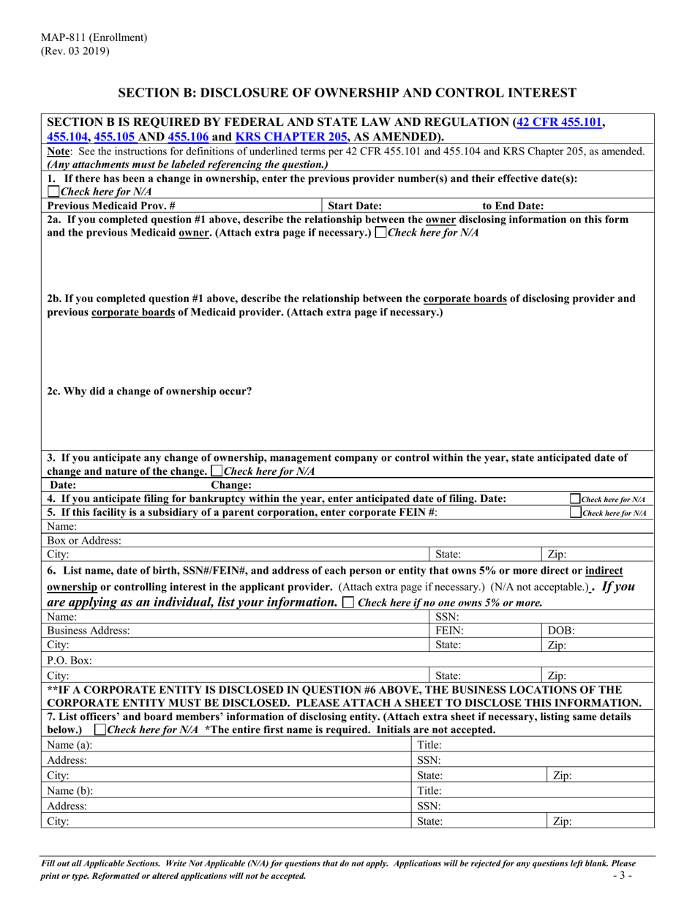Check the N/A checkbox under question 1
(x=53, y=192)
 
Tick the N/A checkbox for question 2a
(x=380, y=233)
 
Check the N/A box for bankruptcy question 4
(x=574, y=499)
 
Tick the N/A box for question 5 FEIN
(x=574, y=513)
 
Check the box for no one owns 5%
(x=347, y=603)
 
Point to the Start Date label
(x=355, y=206)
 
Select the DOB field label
(x=561, y=630)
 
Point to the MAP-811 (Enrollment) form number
(x=94, y=37)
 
